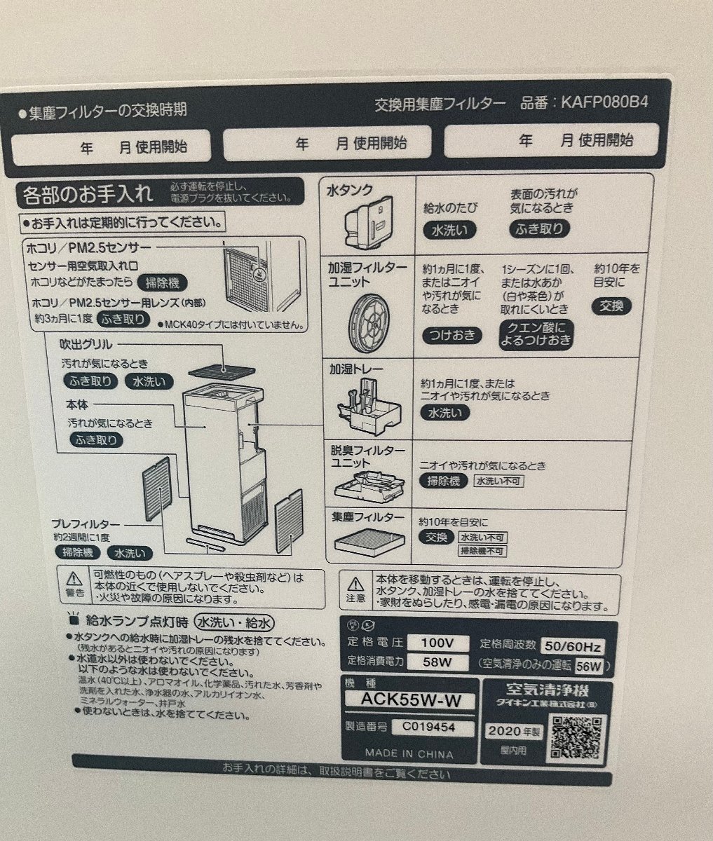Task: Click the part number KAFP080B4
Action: (x=604, y=102)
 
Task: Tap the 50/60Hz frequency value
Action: (x=573, y=645)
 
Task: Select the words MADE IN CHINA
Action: (x=409, y=753)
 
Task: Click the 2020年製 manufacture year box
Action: (x=515, y=731)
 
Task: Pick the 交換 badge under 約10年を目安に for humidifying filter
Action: (x=612, y=306)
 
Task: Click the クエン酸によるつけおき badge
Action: (x=536, y=335)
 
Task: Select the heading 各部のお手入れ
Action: (x=88, y=191)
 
